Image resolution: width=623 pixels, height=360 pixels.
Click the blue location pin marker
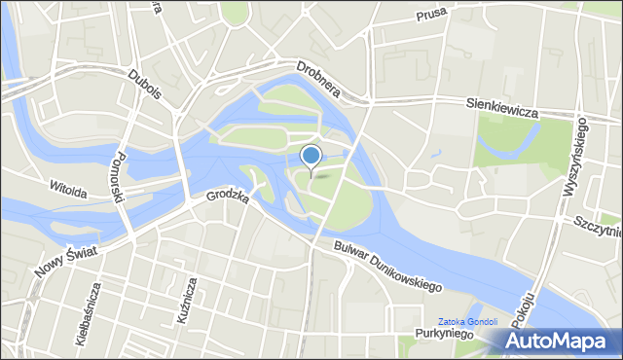311,156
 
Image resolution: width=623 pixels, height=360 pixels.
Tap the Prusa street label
430,16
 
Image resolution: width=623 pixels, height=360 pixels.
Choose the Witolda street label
68,188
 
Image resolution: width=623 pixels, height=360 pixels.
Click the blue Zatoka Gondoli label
467,321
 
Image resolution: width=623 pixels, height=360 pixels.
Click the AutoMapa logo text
570,342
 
